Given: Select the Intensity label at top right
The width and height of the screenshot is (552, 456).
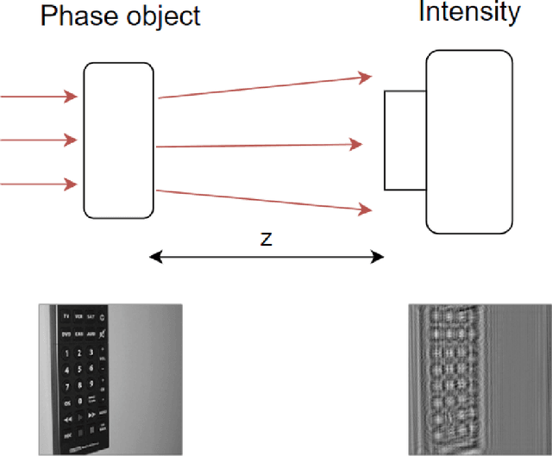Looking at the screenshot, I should [x=469, y=12].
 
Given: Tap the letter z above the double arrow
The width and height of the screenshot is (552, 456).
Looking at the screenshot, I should [x=267, y=239].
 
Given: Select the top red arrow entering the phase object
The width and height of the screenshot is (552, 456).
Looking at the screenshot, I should [x=40, y=97].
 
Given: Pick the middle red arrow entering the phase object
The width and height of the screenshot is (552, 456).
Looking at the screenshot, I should [x=40, y=139].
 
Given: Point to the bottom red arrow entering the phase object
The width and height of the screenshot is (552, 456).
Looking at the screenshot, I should [x=40, y=183].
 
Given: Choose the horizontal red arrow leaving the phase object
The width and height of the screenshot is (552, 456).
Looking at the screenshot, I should [x=259, y=146].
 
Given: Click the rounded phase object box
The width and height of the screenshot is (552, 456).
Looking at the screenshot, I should [x=119, y=140].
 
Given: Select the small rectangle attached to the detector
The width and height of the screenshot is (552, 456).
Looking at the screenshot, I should [x=405, y=140].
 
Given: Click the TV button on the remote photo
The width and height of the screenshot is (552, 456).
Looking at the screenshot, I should [x=66, y=318].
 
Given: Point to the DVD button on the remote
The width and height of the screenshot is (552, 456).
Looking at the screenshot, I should [x=65, y=334].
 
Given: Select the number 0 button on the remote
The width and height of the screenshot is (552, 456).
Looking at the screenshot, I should [x=78, y=396].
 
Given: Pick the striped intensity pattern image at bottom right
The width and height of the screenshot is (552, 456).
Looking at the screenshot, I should [x=479, y=378].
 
